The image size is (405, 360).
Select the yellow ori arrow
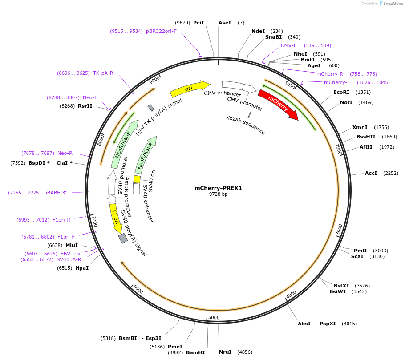190,89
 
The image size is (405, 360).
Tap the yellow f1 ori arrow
116,218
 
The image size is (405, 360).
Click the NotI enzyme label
346,102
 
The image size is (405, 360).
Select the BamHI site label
195,352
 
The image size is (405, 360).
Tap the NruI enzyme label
225,352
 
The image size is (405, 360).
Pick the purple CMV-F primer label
288,45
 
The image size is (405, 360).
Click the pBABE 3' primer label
55,193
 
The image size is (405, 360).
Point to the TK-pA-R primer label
103,73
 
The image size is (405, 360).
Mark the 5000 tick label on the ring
214,317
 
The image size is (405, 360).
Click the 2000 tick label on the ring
338,150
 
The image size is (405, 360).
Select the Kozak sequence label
246,125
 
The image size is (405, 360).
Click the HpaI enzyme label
82,268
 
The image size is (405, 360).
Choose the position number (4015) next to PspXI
349,324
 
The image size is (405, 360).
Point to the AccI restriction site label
371,173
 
